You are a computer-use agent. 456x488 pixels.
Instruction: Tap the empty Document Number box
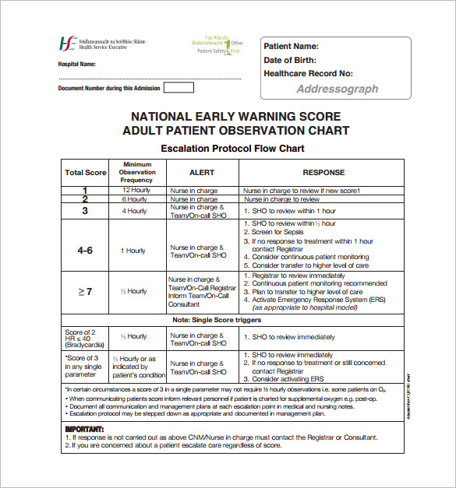(179, 88)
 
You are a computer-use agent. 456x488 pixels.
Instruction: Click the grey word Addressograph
(338, 89)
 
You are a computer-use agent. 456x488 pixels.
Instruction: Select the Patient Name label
(291, 47)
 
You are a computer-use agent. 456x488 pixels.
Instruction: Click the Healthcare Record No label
(308, 73)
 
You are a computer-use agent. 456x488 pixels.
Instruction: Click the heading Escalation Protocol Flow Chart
(232, 148)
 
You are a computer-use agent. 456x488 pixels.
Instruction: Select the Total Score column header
(86, 173)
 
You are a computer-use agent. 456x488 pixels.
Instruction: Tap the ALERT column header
(202, 173)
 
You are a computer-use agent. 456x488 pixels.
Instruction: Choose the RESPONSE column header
(323, 173)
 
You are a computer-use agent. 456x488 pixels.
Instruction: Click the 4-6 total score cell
(86, 251)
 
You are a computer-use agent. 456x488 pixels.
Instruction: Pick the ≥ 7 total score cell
(86, 291)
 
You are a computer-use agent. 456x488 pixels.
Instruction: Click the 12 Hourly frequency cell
(136, 190)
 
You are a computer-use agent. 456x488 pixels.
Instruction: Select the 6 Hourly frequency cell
(136, 199)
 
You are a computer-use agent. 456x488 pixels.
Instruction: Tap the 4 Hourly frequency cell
(136, 211)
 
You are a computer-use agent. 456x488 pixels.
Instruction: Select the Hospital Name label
(77, 64)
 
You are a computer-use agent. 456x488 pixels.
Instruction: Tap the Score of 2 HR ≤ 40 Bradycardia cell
(86, 338)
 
